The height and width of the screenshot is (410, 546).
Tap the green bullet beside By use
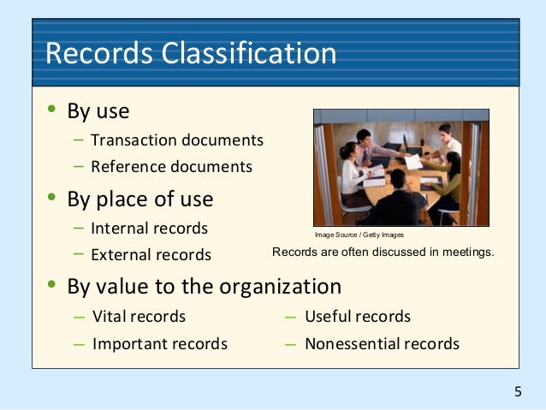coord(51,110)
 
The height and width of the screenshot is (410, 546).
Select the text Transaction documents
coord(176,140)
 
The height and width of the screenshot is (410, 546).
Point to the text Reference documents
coord(171,166)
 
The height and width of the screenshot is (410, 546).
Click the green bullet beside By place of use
coord(51,198)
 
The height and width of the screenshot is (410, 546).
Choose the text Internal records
coord(149,229)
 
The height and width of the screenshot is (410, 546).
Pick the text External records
coord(151,255)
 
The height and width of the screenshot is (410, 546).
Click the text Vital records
coord(139,317)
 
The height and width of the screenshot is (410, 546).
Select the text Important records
coord(159,344)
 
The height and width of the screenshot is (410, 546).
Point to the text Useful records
coord(358,317)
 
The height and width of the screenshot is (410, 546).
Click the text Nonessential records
coord(382,344)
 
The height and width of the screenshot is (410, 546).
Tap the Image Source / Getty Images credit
coord(359,235)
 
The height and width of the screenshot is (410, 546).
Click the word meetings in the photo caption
coord(466,252)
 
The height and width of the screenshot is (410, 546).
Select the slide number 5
coord(518,392)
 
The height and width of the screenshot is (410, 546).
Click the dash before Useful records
coord(290,317)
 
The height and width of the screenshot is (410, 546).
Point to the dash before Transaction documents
coord(79,139)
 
